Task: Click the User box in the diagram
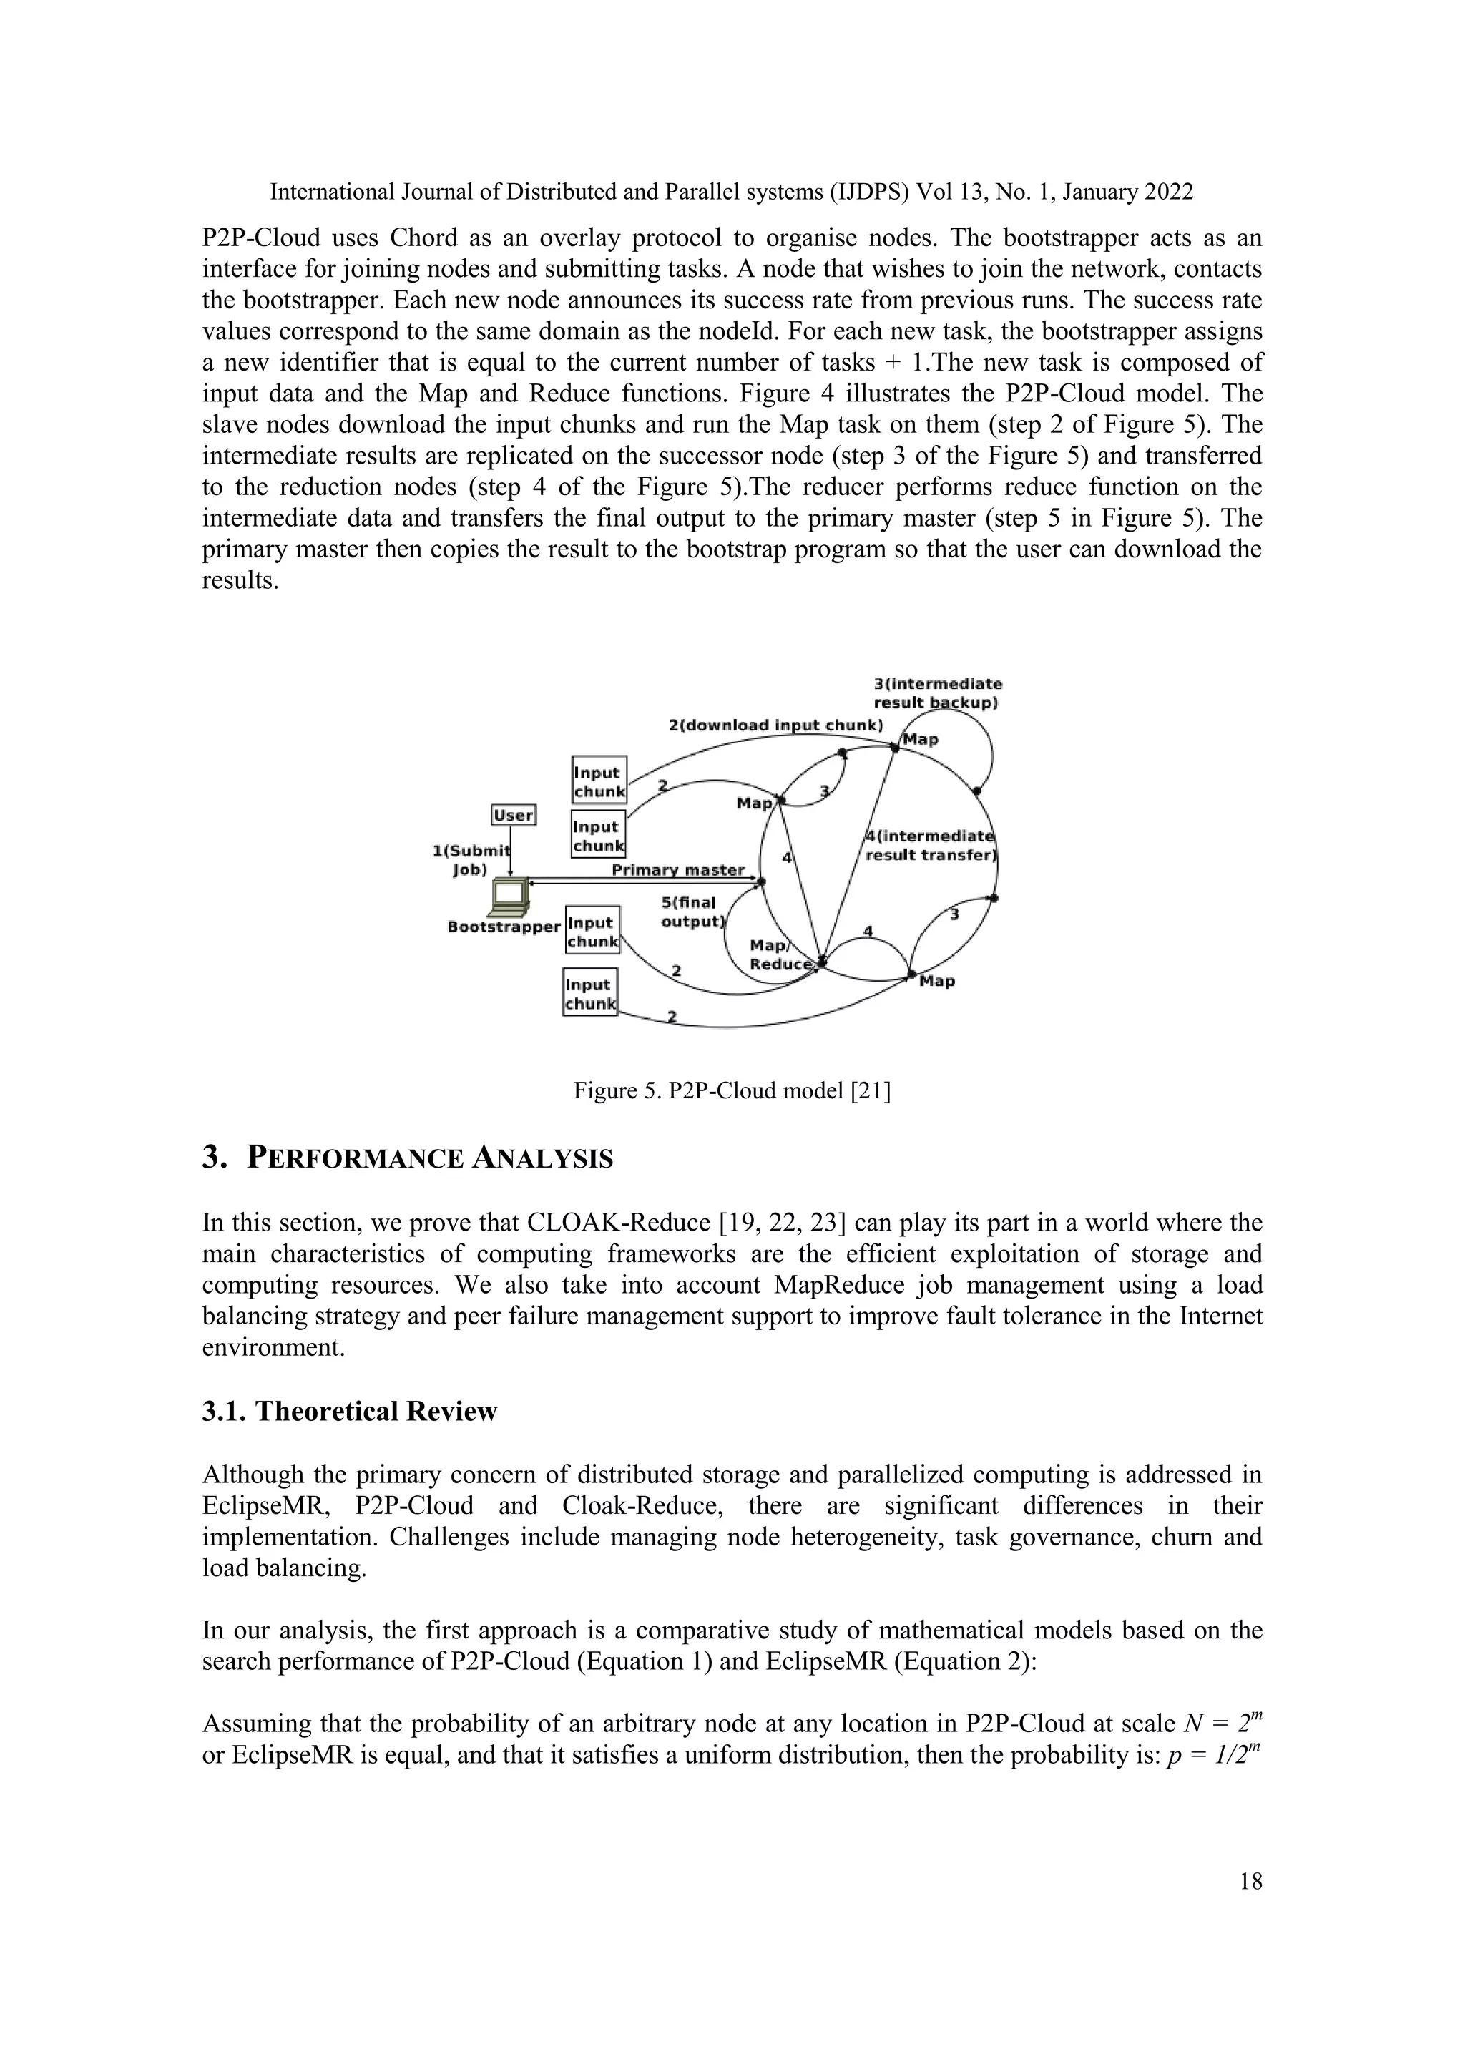click(514, 815)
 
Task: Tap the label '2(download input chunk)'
click(775, 725)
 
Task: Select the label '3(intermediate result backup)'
click(936, 693)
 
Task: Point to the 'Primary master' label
click(677, 870)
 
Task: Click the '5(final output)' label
click(692, 912)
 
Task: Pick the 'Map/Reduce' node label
click(781, 954)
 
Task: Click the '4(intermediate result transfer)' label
click(930, 846)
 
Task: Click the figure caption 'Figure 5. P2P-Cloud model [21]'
click(732, 1091)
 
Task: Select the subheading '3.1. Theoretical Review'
click(349, 1412)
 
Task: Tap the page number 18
click(1250, 1881)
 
